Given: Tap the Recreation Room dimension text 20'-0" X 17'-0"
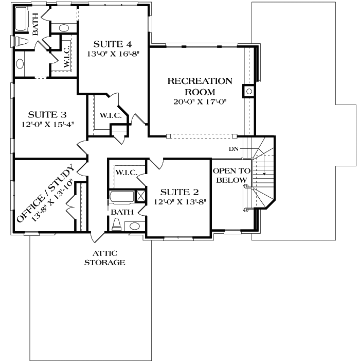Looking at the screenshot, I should click(200, 101).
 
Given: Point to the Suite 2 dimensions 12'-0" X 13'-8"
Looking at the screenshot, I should click(178, 202).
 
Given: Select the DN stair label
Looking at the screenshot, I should click(234, 149).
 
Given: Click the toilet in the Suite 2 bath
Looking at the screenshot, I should click(117, 223).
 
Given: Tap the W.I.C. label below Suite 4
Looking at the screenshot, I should click(110, 115).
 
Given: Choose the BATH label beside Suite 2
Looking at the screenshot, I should click(121, 212).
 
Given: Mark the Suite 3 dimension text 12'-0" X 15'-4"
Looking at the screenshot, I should click(47, 124).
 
